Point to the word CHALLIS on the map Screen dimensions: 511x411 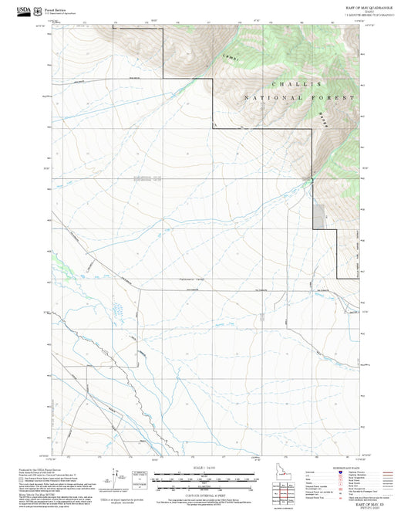[x=296, y=84]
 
